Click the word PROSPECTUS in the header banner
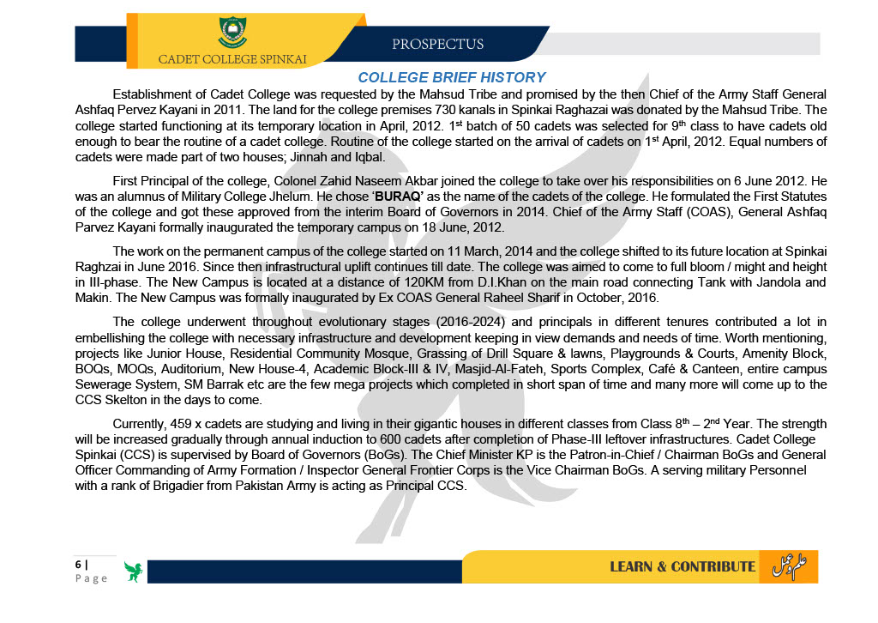click(437, 44)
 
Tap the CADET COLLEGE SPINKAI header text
click(232, 59)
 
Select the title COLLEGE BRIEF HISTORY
click(451, 77)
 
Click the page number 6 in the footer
click(77, 564)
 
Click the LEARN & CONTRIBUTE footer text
click(682, 566)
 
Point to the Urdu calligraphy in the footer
click(791, 565)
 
